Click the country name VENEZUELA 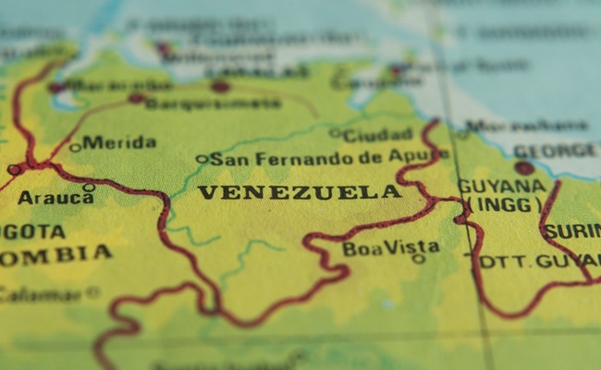pyautogui.click(x=300, y=192)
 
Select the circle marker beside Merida pyautogui.click(x=75, y=147)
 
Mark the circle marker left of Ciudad pyautogui.click(x=334, y=133)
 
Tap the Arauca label pyautogui.click(x=43, y=198)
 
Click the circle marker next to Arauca pyautogui.click(x=89, y=188)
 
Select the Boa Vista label pyautogui.click(x=390, y=248)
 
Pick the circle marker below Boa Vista pyautogui.click(x=418, y=259)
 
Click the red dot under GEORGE pyautogui.click(x=524, y=168)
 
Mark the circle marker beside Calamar pyautogui.click(x=92, y=291)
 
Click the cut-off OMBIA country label pyautogui.click(x=55, y=254)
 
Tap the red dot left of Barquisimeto pyautogui.click(x=136, y=98)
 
